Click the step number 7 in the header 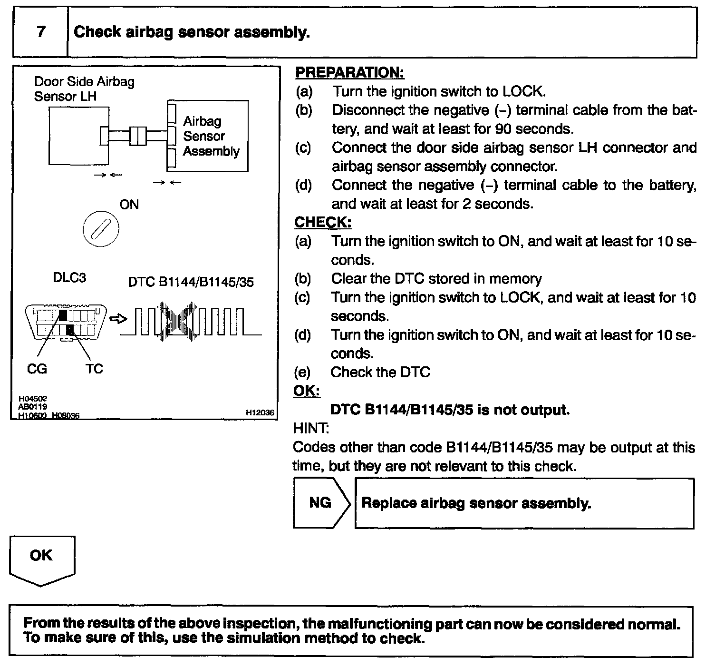[41, 32]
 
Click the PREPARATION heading [349, 72]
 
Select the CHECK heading [323, 222]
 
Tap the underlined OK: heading [307, 391]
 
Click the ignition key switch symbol [101, 229]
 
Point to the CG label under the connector [37, 369]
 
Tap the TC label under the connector [95, 369]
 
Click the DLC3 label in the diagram [69, 278]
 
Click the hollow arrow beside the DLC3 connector [118, 318]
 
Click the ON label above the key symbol [129, 205]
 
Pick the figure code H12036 [260, 413]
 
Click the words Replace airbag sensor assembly [476, 503]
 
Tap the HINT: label [311, 428]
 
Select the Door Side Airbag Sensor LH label [84, 89]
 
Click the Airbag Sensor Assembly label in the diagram [211, 136]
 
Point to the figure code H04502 [33, 399]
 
